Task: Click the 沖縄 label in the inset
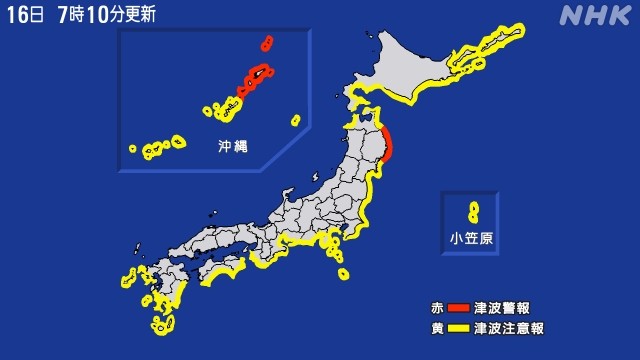pyautogui.click(x=233, y=146)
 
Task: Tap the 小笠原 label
pyautogui.click(x=470, y=238)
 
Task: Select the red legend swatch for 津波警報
pyautogui.click(x=459, y=306)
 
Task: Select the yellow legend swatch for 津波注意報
pyautogui.click(x=459, y=327)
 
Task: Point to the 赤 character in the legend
pyautogui.click(x=437, y=306)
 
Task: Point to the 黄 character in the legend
pyautogui.click(x=437, y=327)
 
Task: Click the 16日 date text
pyautogui.click(x=24, y=15)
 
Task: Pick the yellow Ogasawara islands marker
pyautogui.click(x=473, y=212)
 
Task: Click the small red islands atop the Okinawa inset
pyautogui.click(x=267, y=43)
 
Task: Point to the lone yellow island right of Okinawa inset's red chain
pyautogui.click(x=295, y=120)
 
